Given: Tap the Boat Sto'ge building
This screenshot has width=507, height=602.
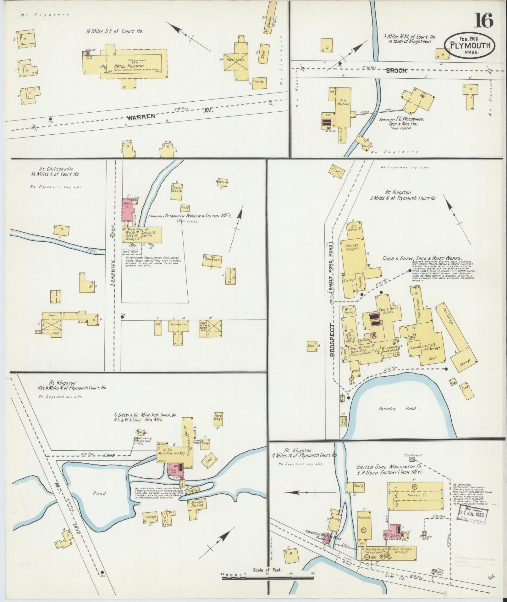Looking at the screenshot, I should click(x=218, y=417).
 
